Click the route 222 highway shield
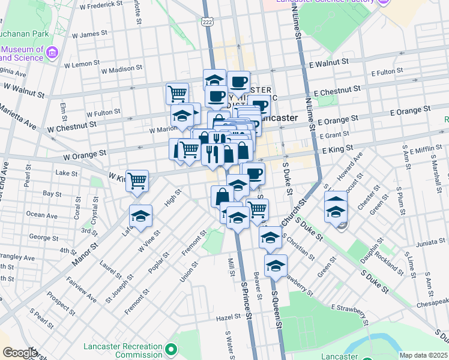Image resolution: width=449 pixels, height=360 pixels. point(207,22)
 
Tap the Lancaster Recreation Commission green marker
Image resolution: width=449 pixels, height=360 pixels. point(172,349)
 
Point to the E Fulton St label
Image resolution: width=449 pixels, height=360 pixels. point(387,73)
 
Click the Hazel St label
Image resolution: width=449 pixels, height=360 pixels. point(228,317)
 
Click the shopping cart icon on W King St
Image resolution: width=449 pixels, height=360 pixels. point(137,179)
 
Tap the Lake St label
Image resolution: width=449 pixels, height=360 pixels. point(63,173)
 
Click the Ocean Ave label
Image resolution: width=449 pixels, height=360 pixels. point(43,214)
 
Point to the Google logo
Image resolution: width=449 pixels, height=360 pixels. point(20,353)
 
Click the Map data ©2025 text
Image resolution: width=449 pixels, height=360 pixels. point(423,355)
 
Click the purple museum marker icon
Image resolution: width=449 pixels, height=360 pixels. point(52,53)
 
